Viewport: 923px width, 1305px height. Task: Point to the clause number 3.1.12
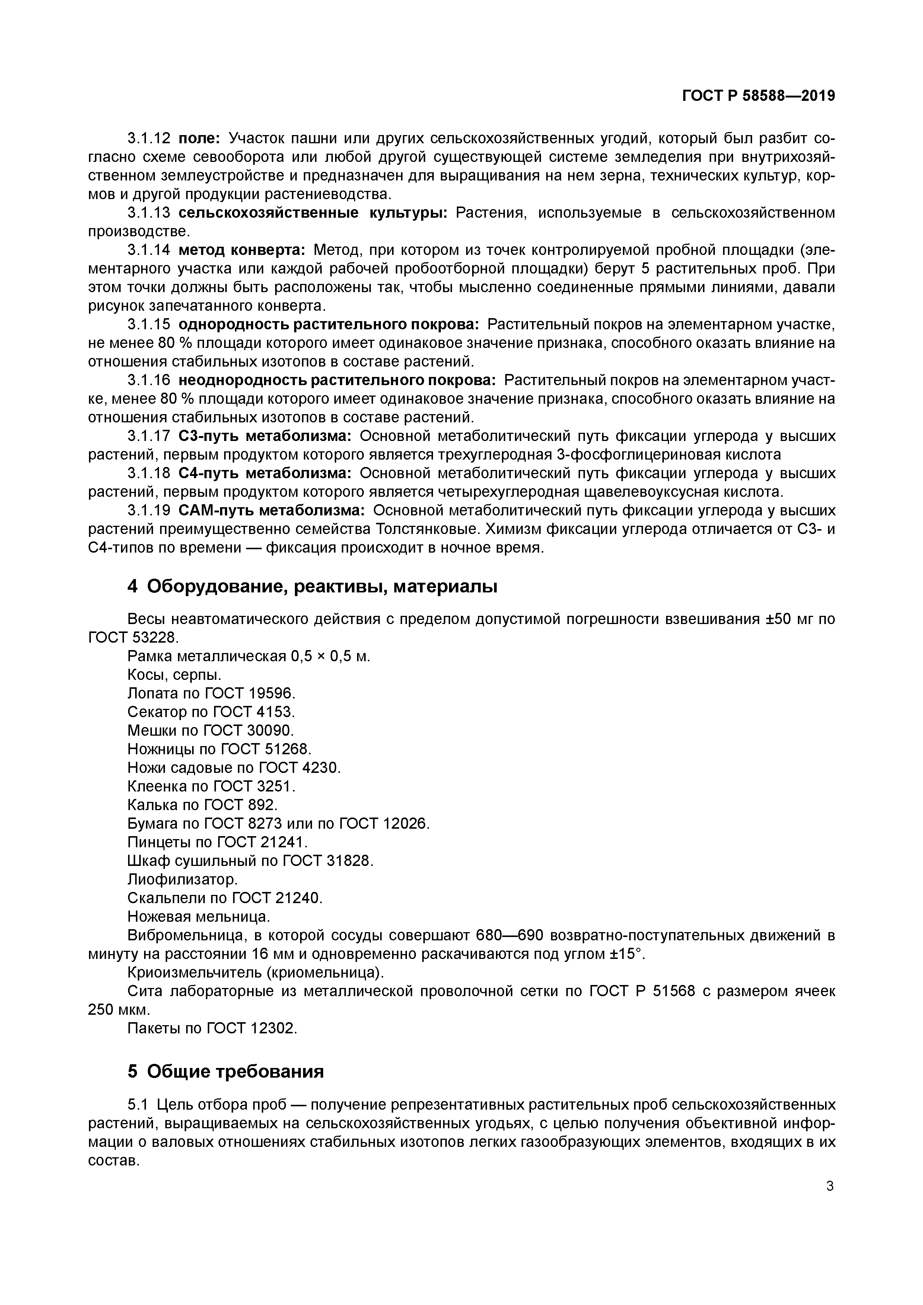pos(149,139)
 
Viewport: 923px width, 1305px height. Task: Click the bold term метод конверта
pos(242,250)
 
